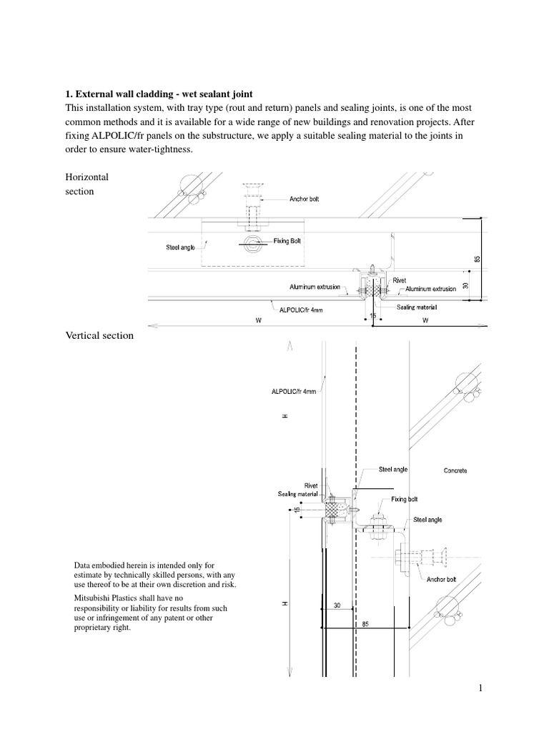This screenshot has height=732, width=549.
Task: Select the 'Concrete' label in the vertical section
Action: tap(455, 471)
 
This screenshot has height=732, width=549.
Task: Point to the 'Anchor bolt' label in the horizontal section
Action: tap(309, 199)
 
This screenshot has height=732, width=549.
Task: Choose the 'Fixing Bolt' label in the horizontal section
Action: tap(287, 242)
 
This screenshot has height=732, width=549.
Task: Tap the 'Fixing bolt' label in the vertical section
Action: tap(405, 500)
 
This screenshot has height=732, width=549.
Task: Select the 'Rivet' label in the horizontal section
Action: tap(400, 281)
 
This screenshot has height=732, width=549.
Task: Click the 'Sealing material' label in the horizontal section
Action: tap(417, 307)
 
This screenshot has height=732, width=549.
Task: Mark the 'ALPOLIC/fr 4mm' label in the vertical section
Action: tap(293, 392)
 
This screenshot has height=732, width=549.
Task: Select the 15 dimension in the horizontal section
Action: tap(372, 315)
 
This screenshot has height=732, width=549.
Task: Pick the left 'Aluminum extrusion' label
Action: tap(315, 287)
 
